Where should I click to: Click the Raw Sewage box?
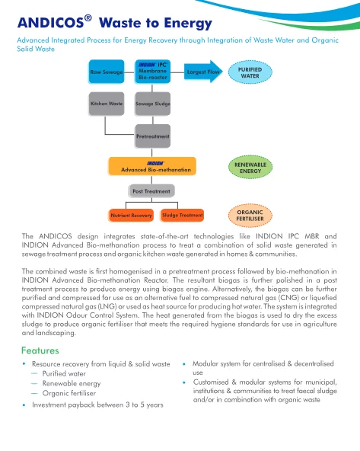(107, 72)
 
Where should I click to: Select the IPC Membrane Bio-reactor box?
(152, 72)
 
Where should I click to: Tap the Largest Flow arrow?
(203, 72)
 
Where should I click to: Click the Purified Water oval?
(250, 72)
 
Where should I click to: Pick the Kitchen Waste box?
(107, 104)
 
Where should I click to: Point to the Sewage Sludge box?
(152, 104)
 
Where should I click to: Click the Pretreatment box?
(152, 136)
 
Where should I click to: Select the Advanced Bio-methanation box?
(152, 166)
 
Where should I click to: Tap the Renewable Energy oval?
(250, 168)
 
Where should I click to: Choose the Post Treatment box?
(151, 191)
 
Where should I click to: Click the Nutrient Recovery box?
(131, 215)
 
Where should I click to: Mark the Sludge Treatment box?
(183, 215)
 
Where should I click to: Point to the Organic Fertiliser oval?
(250, 216)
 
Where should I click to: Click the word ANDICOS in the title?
(50, 23)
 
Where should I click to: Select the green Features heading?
(40, 350)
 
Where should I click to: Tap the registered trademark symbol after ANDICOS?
(88, 18)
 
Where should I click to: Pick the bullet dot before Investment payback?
(24, 405)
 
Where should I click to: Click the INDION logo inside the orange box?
(155, 163)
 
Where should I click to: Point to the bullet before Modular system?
(184, 364)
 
